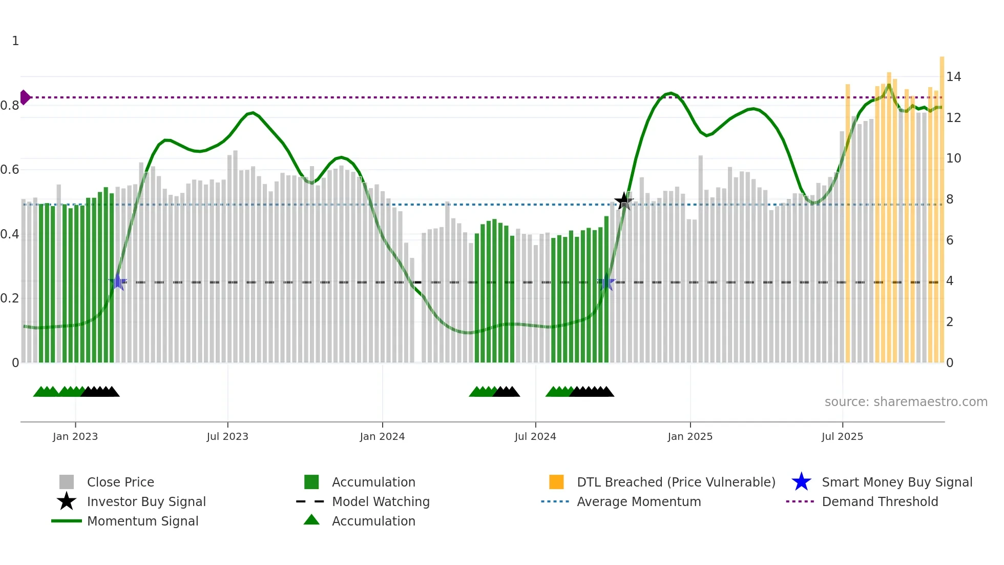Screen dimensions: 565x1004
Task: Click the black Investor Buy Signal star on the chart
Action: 623,201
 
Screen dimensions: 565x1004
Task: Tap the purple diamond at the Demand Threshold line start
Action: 25,97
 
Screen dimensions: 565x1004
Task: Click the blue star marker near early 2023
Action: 118,282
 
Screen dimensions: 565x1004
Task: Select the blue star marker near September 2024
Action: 607,282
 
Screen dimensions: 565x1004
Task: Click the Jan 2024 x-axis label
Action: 382,436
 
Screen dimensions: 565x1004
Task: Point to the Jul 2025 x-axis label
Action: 842,436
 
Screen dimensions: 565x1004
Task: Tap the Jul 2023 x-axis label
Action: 227,436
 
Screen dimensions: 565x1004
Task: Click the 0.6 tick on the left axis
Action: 10,170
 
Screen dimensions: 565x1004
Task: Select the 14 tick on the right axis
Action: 953,77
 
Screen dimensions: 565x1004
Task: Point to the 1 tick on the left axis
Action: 15,41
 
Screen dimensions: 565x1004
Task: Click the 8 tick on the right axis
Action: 950,199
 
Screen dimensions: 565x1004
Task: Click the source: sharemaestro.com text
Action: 906,402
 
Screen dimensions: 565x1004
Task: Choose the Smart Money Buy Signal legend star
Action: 801,482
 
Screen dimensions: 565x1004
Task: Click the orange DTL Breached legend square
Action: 556,482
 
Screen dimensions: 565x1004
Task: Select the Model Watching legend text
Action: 381,501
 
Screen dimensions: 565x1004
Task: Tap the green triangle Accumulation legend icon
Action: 311,520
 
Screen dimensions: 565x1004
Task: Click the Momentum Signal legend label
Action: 142,521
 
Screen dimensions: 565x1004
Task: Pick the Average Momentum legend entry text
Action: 639,501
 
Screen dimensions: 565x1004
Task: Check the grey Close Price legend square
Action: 67,482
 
